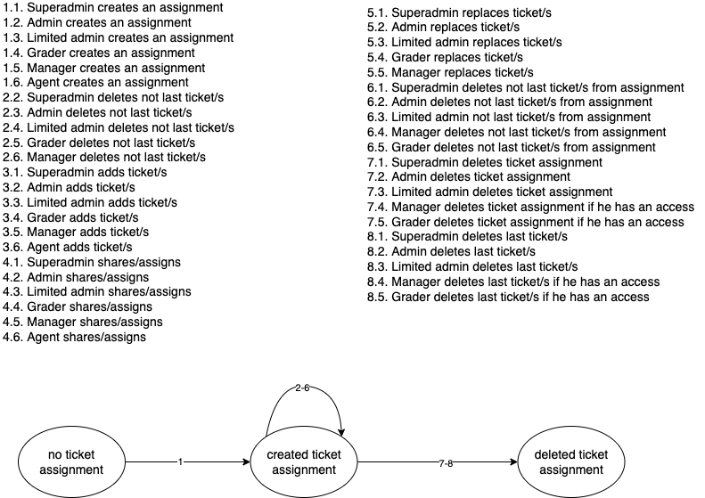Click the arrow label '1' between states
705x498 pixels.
[x=180, y=462]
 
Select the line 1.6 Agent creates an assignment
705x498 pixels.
[x=95, y=82]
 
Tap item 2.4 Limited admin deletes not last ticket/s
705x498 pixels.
[x=119, y=127]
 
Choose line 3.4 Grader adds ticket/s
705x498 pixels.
[x=78, y=216]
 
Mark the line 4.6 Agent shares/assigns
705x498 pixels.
[x=76, y=337]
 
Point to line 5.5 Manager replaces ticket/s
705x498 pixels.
[x=451, y=72]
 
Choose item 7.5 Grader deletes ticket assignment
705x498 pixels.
[x=530, y=221]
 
